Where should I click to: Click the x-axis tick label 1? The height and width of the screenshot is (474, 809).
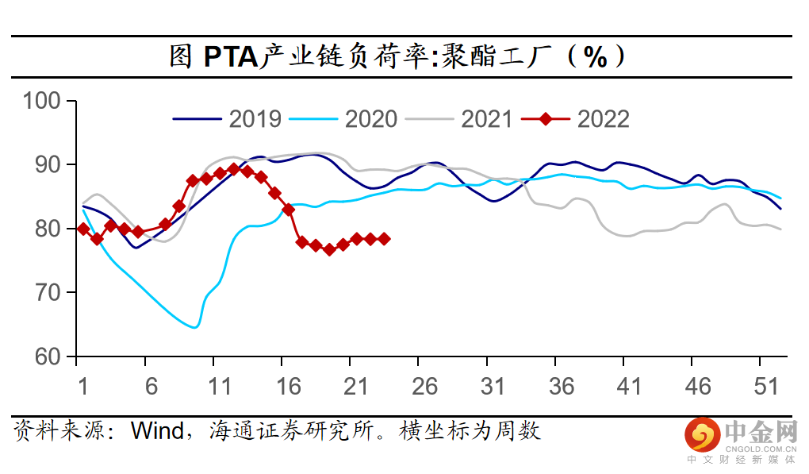pyautogui.click(x=82, y=386)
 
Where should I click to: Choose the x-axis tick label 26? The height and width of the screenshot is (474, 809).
pyautogui.click(x=424, y=386)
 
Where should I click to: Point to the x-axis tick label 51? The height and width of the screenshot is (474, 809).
pyautogui.click(x=765, y=386)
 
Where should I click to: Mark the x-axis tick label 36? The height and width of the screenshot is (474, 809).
pyautogui.click(x=561, y=386)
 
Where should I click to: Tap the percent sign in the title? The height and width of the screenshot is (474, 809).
pyautogui.click(x=594, y=56)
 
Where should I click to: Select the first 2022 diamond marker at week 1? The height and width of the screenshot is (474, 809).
pyautogui.click(x=83, y=229)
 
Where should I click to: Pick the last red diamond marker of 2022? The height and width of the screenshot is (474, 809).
pyautogui.click(x=384, y=238)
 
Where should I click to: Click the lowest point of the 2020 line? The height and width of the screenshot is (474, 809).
pyautogui.click(x=195, y=327)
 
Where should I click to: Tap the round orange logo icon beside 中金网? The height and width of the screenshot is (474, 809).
pyautogui.click(x=701, y=434)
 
